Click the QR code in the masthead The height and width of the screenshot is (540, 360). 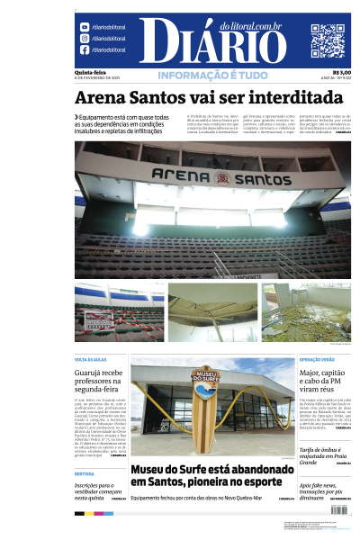coord(328,40)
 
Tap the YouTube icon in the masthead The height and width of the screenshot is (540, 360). coord(85,27)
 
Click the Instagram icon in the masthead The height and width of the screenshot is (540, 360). coord(85,39)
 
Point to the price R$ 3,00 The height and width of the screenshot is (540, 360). coord(342,72)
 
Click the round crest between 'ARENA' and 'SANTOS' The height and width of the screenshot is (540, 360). coord(213,175)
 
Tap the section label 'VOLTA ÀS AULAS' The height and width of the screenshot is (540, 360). coord(93,359)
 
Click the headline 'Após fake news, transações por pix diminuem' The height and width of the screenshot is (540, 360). coord(323,490)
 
